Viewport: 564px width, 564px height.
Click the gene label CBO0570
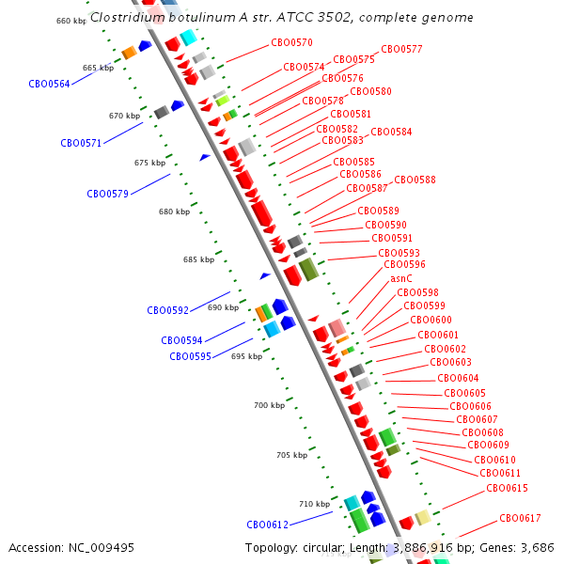(291, 42)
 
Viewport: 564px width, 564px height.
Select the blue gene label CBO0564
(49, 84)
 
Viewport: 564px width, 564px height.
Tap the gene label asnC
(401, 278)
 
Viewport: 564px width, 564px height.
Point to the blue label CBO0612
(267, 525)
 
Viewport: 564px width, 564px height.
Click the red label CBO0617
(520, 518)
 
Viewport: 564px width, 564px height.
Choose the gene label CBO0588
(415, 180)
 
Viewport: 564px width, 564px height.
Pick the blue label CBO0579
(107, 194)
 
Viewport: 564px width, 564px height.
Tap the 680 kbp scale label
(174, 211)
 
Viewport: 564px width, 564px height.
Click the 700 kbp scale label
(269, 405)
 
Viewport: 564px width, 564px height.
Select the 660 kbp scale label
(71, 21)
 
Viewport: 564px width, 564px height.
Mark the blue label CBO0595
(190, 356)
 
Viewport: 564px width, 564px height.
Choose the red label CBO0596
(404, 265)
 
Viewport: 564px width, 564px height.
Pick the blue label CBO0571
(81, 144)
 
